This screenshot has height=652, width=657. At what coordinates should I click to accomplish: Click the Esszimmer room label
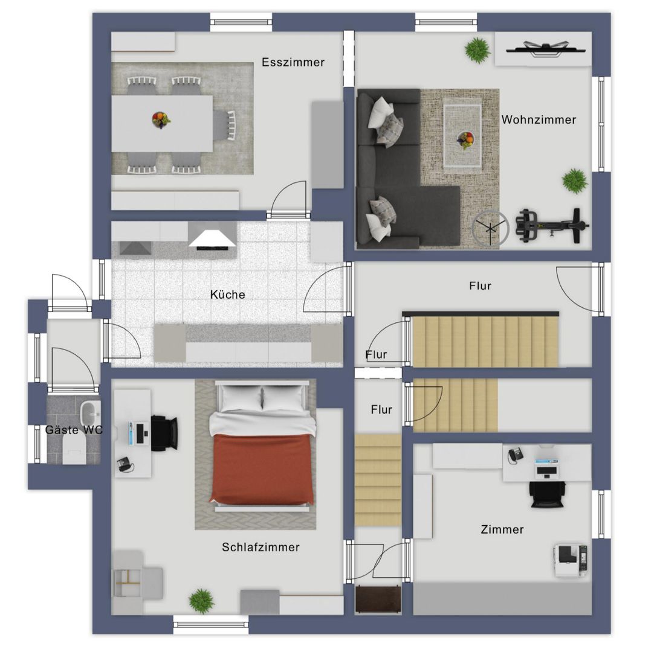click(x=293, y=62)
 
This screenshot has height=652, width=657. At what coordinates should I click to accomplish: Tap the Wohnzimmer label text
click(x=539, y=120)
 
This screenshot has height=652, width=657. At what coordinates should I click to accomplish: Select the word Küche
click(x=227, y=294)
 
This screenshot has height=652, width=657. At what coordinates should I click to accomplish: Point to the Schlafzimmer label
click(x=261, y=547)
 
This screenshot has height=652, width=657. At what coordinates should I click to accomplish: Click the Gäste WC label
click(x=74, y=430)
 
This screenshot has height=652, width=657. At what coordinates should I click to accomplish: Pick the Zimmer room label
click(x=502, y=529)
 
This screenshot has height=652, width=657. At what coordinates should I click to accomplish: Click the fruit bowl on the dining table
click(x=161, y=120)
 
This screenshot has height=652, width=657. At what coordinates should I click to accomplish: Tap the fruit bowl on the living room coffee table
click(x=465, y=139)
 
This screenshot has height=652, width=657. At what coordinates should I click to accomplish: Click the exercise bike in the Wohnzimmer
click(x=552, y=226)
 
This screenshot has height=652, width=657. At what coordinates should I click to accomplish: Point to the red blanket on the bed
click(x=262, y=468)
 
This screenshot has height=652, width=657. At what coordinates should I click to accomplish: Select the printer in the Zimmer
click(x=571, y=560)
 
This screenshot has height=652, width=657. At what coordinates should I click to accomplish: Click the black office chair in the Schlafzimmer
click(x=164, y=433)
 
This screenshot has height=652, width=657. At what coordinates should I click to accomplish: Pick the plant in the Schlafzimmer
click(x=201, y=601)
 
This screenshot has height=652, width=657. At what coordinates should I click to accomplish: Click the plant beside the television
click(x=477, y=50)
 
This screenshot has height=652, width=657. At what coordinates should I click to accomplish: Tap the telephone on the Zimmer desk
click(x=516, y=455)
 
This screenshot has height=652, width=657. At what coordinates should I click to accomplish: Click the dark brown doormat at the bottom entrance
click(x=378, y=599)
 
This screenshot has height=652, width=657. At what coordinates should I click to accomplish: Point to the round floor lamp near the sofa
click(x=490, y=228)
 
